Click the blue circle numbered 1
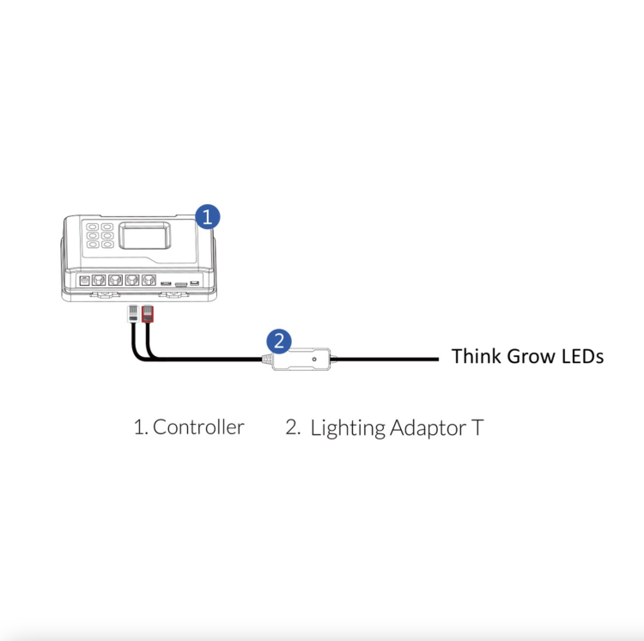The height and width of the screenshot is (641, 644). (208, 217)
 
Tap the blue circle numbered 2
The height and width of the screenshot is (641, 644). (279, 342)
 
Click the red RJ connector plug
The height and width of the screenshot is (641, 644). (148, 314)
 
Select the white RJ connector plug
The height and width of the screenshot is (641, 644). (133, 314)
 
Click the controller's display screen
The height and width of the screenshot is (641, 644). (144, 236)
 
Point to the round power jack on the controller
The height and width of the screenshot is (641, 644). (85, 281)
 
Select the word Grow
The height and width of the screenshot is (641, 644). (530, 356)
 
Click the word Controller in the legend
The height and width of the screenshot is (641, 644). (198, 427)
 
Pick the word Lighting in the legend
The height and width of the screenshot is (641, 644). (348, 429)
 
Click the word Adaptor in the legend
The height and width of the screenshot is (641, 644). (428, 429)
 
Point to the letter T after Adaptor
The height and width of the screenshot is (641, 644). (477, 427)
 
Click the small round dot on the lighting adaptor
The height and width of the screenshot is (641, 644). (314, 359)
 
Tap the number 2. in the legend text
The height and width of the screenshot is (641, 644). (293, 427)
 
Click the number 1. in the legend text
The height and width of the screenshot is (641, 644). (141, 427)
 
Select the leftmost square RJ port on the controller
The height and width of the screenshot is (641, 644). (99, 281)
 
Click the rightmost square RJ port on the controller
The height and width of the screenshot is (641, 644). (149, 281)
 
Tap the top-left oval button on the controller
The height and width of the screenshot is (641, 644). (92, 227)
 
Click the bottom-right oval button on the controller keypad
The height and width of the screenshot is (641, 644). (107, 245)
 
